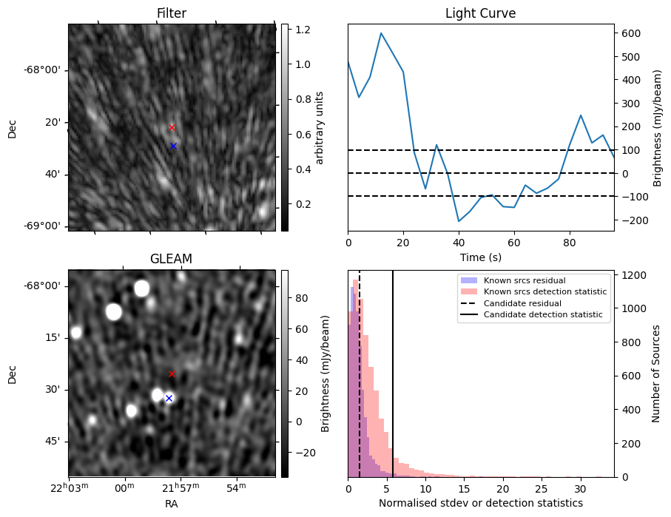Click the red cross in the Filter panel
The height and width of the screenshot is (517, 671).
172,127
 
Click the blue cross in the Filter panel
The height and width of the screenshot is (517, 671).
173,146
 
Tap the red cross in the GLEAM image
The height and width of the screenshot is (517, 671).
172,374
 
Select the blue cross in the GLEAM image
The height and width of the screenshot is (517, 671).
169,398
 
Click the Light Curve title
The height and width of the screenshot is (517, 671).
480,13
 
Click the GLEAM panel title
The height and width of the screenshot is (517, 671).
171,259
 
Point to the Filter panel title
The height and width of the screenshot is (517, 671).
171,13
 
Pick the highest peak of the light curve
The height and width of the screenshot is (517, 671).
381,33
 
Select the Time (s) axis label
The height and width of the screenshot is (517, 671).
480,256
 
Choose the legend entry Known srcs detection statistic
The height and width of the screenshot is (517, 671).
545,291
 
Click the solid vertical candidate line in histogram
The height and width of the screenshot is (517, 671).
393,370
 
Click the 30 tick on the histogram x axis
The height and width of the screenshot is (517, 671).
580,489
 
